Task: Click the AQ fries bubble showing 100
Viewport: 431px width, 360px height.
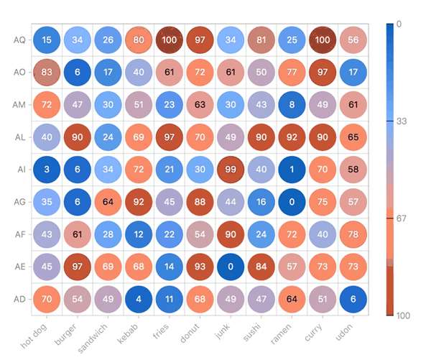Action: tap(170, 40)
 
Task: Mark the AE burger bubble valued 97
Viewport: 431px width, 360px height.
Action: tap(77, 267)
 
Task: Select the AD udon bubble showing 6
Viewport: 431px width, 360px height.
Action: tap(353, 299)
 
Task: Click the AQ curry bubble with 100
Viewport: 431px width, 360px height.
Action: tap(323, 40)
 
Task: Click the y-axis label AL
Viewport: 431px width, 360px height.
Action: tap(19, 137)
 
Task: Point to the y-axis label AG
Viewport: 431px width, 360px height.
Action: tap(19, 202)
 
